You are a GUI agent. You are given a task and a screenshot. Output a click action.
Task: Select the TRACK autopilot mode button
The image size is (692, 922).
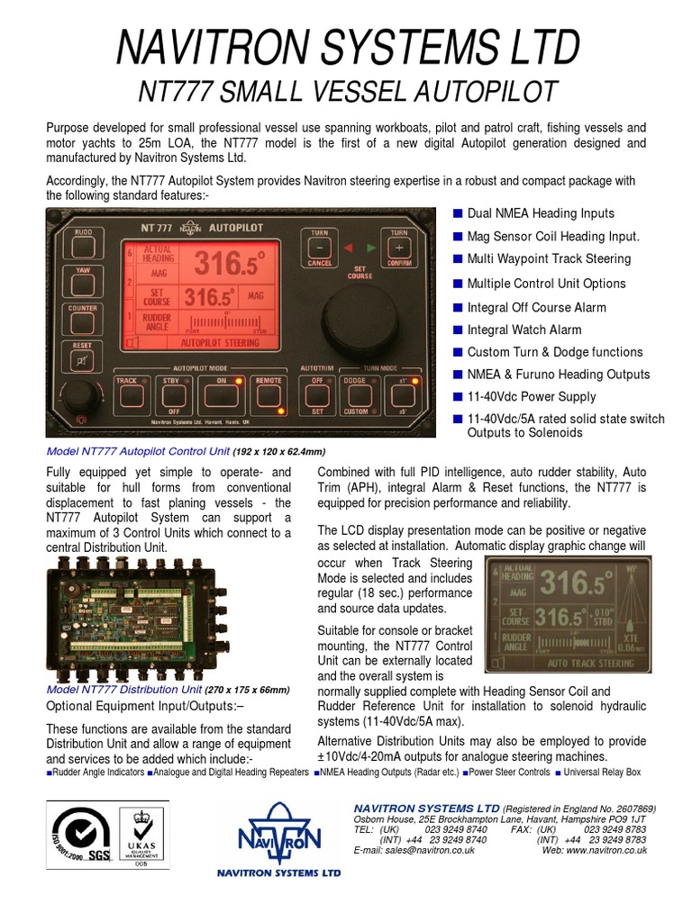(x=126, y=393)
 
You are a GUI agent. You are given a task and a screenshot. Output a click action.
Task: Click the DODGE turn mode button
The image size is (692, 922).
(x=355, y=393)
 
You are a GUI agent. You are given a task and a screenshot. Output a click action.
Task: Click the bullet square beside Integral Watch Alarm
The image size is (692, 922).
(x=458, y=330)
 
